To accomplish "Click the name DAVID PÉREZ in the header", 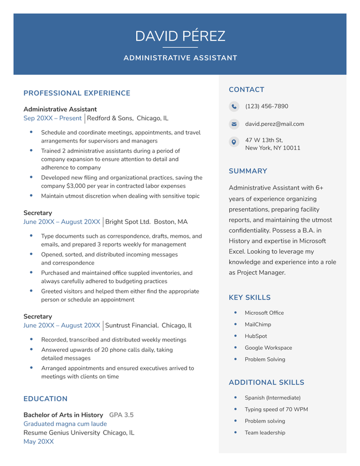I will click(180, 37).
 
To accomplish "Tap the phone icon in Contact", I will click(234, 107).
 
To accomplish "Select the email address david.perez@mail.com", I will click(274, 124).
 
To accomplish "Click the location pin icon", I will click(234, 142).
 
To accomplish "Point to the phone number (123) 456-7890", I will click(266, 106).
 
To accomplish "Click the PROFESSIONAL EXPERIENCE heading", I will click(76, 94).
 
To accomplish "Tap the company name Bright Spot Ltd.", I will click(128, 222).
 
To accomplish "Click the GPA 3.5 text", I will click(121, 414).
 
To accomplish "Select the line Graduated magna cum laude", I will click(65, 423).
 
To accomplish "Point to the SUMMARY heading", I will click(248, 172).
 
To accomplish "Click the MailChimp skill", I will click(258, 325).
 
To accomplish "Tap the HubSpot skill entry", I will click(256, 336).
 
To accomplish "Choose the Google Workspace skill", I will click(268, 347).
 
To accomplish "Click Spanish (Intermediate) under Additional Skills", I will click(272, 398).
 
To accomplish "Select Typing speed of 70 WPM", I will click(276, 409).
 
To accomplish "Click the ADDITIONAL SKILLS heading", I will click(266, 382).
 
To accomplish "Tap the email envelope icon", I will click(234, 125).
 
